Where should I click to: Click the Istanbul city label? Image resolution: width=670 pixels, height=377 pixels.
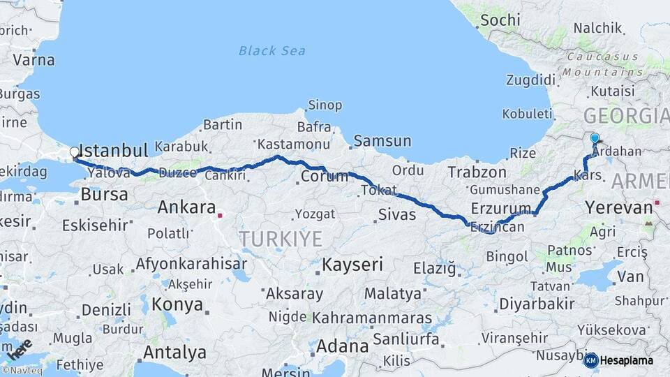(x=114, y=151)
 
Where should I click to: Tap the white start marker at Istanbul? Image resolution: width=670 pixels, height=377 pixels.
(x=75, y=152)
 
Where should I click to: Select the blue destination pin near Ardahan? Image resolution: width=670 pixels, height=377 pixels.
(x=594, y=139)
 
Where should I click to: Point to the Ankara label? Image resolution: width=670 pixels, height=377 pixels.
(x=186, y=207)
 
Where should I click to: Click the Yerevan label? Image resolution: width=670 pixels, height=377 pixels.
(x=619, y=207)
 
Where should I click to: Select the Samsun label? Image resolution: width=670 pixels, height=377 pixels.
(x=382, y=141)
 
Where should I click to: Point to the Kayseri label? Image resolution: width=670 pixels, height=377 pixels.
(x=352, y=265)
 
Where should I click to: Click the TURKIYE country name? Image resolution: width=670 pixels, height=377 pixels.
(x=281, y=239)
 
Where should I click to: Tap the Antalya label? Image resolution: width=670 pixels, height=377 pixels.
(x=174, y=352)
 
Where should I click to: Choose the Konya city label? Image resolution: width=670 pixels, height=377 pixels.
(x=177, y=304)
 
